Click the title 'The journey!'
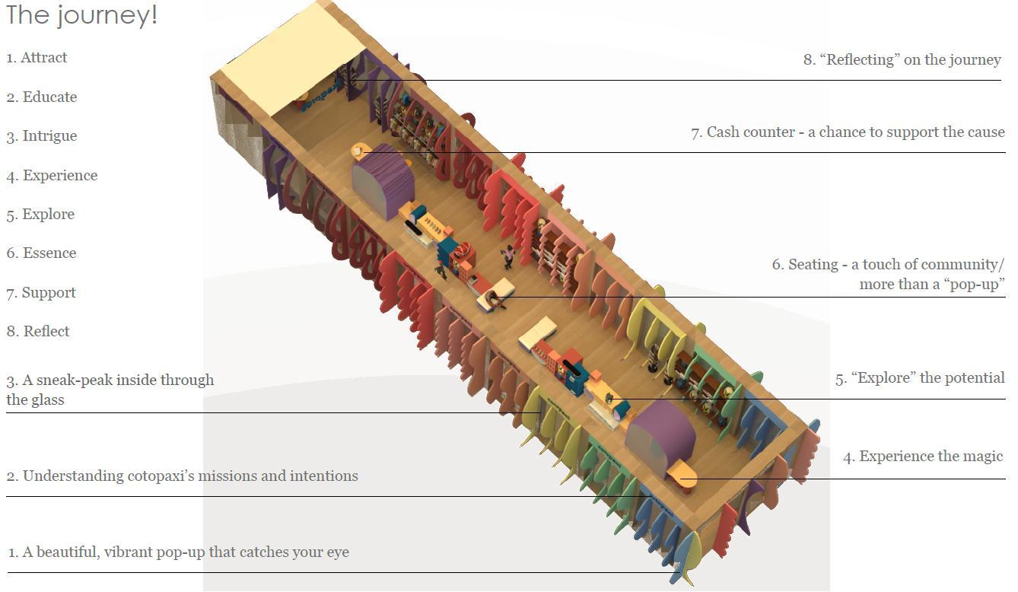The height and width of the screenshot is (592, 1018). [81, 15]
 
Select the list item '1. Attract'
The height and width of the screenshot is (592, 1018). [37, 58]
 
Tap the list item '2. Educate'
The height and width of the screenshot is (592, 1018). [42, 97]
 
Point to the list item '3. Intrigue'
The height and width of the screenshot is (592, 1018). [42, 136]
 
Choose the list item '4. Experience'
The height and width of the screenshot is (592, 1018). [52, 176]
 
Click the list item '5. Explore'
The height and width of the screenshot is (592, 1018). [40, 215]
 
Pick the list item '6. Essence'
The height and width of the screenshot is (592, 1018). [41, 253]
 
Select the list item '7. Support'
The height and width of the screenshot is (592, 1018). [41, 293]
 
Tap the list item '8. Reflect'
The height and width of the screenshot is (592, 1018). [38, 332]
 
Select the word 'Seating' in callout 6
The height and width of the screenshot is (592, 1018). [813, 265]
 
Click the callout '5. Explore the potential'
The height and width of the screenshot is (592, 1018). [920, 378]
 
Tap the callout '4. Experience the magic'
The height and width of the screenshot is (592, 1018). [923, 457]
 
